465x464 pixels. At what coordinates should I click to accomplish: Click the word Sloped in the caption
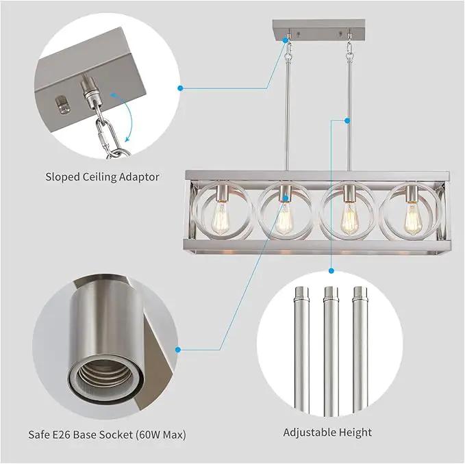(x=62, y=177)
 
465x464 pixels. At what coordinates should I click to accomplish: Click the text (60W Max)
(x=161, y=435)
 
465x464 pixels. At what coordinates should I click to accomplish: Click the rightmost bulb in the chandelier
(x=414, y=218)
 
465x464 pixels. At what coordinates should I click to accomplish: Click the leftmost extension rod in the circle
(x=301, y=350)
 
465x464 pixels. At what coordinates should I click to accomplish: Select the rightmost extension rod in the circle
(x=360, y=350)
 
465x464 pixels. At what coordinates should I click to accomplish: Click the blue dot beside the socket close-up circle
(x=178, y=350)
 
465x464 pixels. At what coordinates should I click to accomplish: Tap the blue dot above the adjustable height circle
(x=331, y=270)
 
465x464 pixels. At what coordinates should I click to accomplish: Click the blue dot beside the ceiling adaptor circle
(x=180, y=88)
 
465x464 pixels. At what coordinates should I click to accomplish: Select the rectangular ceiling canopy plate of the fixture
(x=319, y=30)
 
